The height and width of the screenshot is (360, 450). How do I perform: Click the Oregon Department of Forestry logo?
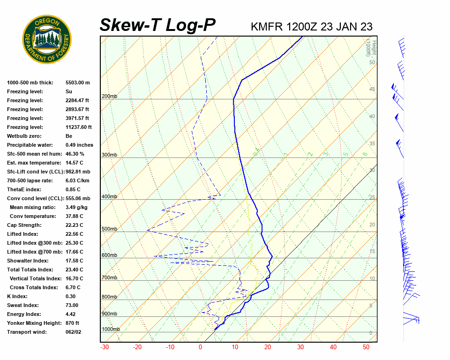pos(47,39)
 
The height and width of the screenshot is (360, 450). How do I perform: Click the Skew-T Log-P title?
pos(157,25)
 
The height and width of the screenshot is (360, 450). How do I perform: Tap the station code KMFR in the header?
pos(267,27)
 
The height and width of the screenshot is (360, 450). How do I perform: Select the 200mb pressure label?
pos(109,97)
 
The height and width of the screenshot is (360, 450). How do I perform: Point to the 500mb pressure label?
pos(109,229)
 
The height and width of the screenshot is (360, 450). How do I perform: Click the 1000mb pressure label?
pos(111,329)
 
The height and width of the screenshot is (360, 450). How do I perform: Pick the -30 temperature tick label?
pos(105,347)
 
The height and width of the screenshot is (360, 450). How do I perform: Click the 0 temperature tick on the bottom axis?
pos(201,347)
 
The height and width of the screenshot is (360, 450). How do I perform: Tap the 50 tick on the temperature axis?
pos(366,347)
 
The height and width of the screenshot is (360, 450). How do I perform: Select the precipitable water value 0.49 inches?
pos(79,145)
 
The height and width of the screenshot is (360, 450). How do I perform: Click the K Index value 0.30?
pos(71,296)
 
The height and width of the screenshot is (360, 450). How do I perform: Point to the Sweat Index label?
pos(23,305)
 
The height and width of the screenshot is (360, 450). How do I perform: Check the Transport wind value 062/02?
pos(74,332)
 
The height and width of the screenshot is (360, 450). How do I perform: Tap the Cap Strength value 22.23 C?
pos(75,225)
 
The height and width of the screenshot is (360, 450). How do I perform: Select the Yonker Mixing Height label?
pos(33,323)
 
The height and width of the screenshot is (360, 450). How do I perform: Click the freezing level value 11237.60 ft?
pos(79,127)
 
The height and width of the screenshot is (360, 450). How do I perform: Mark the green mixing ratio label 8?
pos(364,153)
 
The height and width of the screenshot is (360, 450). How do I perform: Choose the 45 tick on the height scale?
pos(372,90)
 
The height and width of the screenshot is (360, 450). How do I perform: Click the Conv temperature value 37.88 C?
pos(75,216)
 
